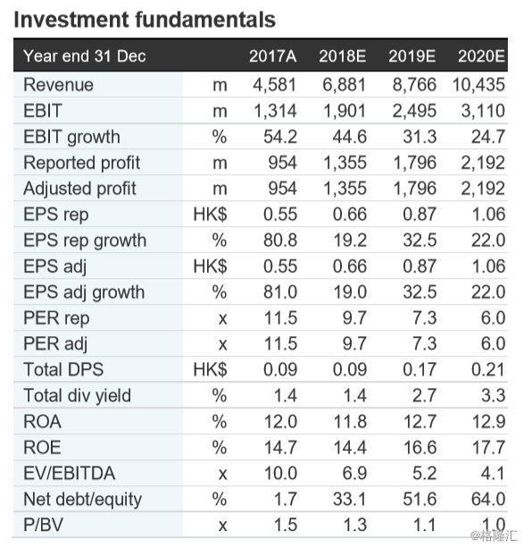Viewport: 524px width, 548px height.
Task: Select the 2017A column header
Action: click(272, 57)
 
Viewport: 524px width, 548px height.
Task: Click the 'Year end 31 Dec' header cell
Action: click(85, 57)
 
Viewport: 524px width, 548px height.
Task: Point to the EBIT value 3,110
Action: click(482, 112)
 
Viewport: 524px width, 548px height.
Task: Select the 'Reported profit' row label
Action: click(81, 164)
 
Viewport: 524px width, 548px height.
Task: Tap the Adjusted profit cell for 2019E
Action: click(412, 190)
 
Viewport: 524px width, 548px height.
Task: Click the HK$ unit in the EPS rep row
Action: click(210, 215)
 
